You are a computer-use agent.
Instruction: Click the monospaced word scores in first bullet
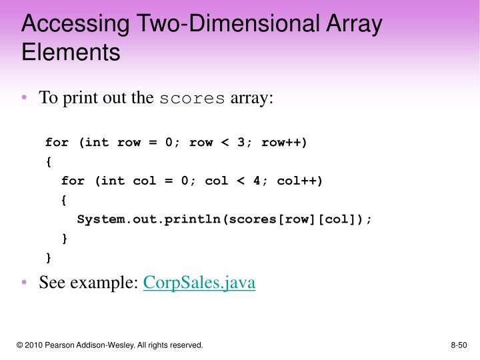(x=192, y=99)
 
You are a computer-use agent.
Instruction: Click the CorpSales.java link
(x=199, y=283)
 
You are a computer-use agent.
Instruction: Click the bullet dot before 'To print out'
(x=25, y=99)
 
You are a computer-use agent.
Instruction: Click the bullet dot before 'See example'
(x=25, y=283)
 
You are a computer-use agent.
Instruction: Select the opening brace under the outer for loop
(x=49, y=161)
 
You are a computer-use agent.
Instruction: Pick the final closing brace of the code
(x=49, y=257)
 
